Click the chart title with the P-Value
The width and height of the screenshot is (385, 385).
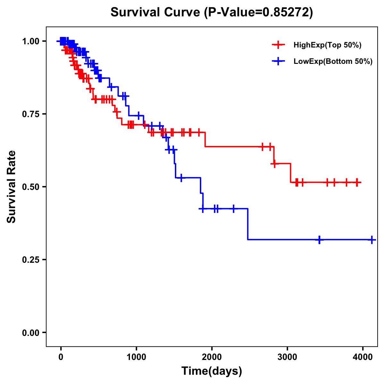pyautogui.click(x=211, y=12)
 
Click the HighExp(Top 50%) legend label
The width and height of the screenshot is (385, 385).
pyautogui.click(x=328, y=45)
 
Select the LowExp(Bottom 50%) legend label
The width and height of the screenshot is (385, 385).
pyautogui.click(x=333, y=62)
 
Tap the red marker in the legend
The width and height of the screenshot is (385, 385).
pyautogui.click(x=278, y=45)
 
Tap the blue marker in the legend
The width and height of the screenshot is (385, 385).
pyautogui.click(x=278, y=61)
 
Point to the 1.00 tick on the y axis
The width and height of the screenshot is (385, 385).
pyautogui.click(x=30, y=41)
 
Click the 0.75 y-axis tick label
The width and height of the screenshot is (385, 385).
pyautogui.click(x=30, y=114)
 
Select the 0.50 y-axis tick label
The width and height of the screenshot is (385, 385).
pyautogui.click(x=30, y=187)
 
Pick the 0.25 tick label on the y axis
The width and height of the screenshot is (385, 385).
pyautogui.click(x=30, y=260)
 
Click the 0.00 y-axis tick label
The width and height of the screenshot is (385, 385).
pyautogui.click(x=30, y=333)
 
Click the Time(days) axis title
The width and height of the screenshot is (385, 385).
pyautogui.click(x=212, y=371)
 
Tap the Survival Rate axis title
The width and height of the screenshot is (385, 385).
pyautogui.click(x=12, y=187)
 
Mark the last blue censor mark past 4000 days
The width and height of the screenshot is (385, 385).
pyautogui.click(x=372, y=240)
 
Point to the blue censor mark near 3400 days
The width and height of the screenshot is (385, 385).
pyautogui.click(x=319, y=240)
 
